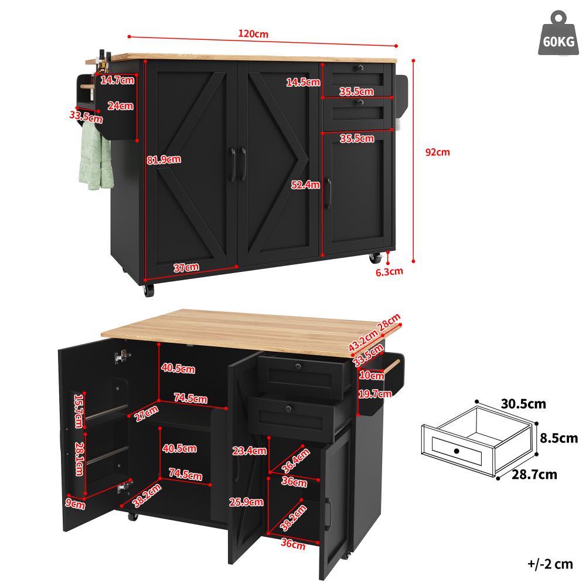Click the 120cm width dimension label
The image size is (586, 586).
click(254, 33)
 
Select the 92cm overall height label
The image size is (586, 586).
click(437, 152)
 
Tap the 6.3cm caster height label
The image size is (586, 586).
click(389, 271)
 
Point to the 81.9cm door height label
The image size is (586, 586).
click(163, 159)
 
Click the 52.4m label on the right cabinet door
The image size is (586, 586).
click(305, 185)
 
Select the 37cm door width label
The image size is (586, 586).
click(186, 267)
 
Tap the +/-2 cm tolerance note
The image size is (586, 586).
click(549, 564)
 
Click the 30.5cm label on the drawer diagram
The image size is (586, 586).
click(523, 404)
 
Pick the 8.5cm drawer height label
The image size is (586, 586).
click(558, 438)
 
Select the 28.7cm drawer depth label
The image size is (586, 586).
click(533, 474)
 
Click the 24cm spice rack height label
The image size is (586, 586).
click(120, 106)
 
